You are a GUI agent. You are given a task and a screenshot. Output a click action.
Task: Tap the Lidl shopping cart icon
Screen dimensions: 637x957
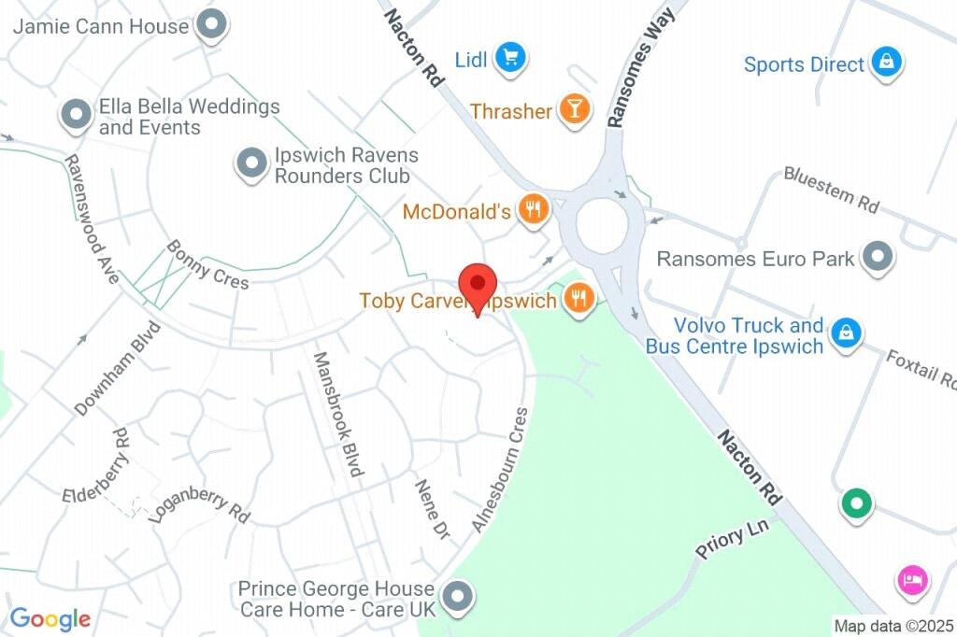(x=510, y=58)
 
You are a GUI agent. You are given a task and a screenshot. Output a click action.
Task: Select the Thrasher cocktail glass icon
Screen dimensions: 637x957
(x=574, y=110)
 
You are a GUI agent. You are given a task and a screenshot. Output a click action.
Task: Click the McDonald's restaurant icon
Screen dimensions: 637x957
(x=533, y=210)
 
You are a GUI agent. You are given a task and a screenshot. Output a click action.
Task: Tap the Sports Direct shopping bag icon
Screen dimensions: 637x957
(x=883, y=63)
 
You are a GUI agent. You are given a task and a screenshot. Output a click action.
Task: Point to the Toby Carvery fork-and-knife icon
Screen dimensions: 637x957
(x=579, y=299)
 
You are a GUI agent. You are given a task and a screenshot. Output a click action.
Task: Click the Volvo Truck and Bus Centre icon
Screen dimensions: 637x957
(x=846, y=333)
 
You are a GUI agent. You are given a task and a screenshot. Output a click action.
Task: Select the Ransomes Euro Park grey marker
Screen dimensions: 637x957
(x=878, y=257)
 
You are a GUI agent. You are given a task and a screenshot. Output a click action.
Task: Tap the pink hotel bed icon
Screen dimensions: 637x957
(x=911, y=580)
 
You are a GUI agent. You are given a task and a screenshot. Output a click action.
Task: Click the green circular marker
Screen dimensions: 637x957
(x=855, y=503)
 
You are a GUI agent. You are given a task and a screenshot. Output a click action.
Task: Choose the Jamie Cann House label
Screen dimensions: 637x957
(x=101, y=26)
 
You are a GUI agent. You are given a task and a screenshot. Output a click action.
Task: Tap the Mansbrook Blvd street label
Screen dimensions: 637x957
(x=337, y=414)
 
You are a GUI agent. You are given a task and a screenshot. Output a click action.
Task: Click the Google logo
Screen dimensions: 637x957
(x=50, y=618)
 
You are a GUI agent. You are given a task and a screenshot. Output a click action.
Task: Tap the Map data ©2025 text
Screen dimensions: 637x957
(x=893, y=625)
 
